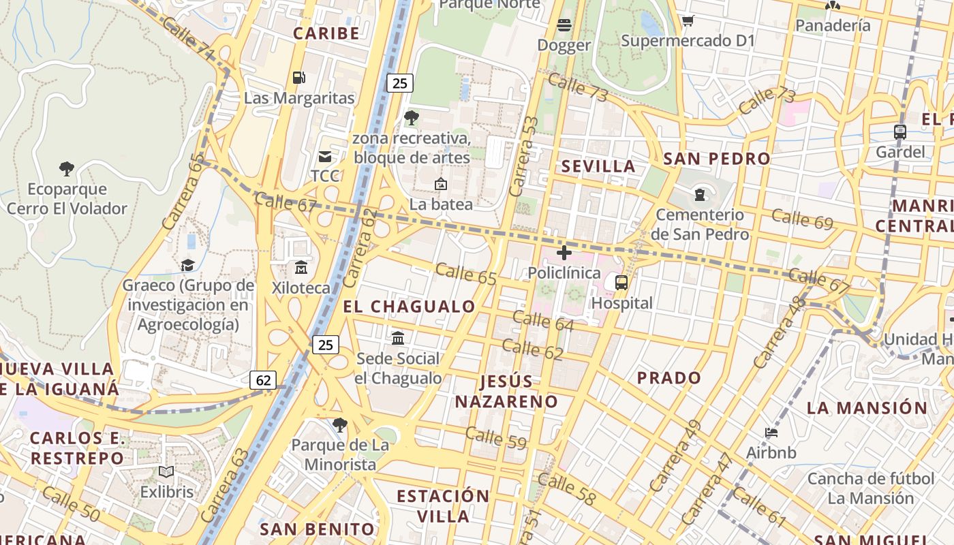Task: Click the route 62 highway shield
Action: (x=262, y=379)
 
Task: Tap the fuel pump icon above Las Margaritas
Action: (x=298, y=78)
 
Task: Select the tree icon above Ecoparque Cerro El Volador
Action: (x=67, y=168)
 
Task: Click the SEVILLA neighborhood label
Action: (x=598, y=166)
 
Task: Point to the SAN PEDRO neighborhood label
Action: (x=717, y=159)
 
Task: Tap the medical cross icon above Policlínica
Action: (x=564, y=253)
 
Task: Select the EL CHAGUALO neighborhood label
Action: (x=409, y=307)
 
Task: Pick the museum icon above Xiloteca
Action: (x=301, y=268)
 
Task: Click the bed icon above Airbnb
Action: (x=771, y=432)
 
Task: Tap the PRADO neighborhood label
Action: (x=668, y=377)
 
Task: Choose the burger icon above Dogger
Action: (x=564, y=26)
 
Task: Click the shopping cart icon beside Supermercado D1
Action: (x=688, y=21)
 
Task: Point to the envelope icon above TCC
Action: (x=325, y=157)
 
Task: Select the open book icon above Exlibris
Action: (x=166, y=471)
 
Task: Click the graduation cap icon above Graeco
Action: (x=187, y=265)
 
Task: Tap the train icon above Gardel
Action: (x=900, y=132)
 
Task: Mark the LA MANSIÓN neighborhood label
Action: (x=867, y=408)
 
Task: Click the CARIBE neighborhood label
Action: (x=326, y=33)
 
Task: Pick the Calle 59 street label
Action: (x=496, y=437)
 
